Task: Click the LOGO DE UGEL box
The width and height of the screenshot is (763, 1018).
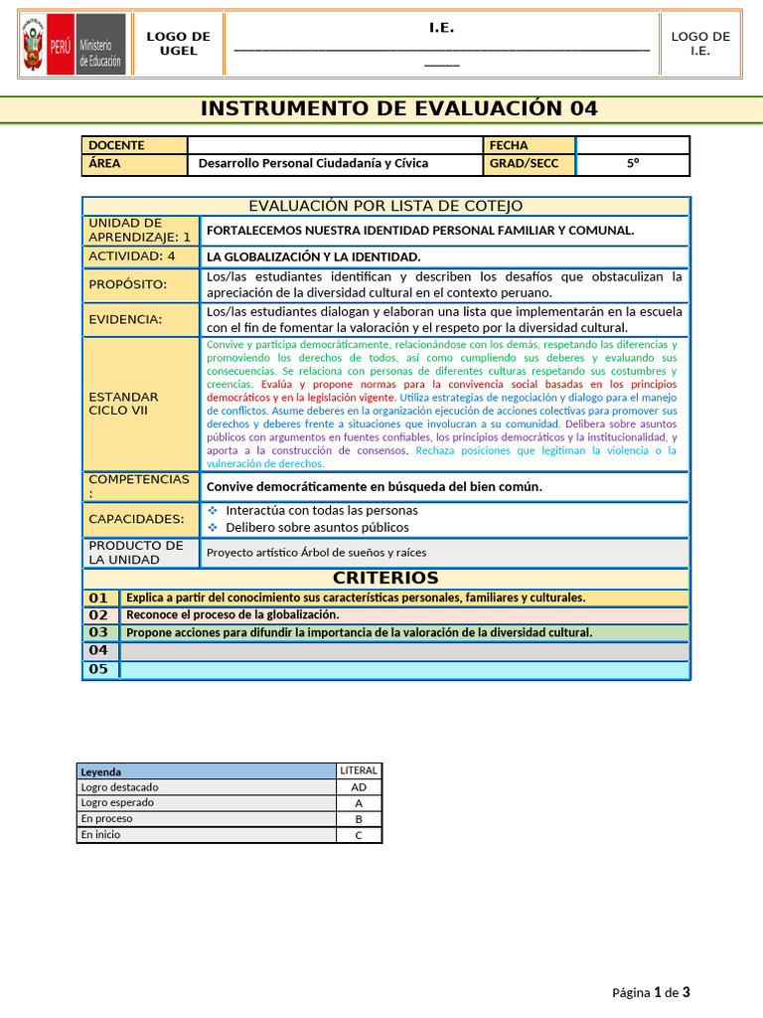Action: pyautogui.click(x=179, y=44)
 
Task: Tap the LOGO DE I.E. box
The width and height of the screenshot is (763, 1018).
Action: pyautogui.click(x=700, y=44)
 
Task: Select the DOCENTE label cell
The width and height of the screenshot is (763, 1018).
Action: pyautogui.click(x=134, y=145)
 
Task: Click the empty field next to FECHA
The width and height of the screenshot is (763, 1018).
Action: pyautogui.click(x=633, y=145)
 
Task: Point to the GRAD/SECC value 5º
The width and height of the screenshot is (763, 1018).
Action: pyautogui.click(x=633, y=163)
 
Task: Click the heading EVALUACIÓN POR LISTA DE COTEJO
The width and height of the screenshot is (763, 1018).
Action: pyautogui.click(x=385, y=206)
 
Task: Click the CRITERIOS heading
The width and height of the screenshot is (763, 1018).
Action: pyautogui.click(x=385, y=578)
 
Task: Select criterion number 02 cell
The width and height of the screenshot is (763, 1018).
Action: pyautogui.click(x=99, y=615)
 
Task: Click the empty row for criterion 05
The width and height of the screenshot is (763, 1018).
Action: pyautogui.click(x=403, y=669)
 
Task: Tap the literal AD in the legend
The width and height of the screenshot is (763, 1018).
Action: pyautogui.click(x=359, y=786)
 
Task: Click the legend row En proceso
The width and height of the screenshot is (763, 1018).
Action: pyautogui.click(x=207, y=818)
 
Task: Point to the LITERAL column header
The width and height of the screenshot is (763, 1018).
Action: pyautogui.click(x=359, y=770)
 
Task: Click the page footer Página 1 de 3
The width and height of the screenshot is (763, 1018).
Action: pyautogui.click(x=651, y=992)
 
